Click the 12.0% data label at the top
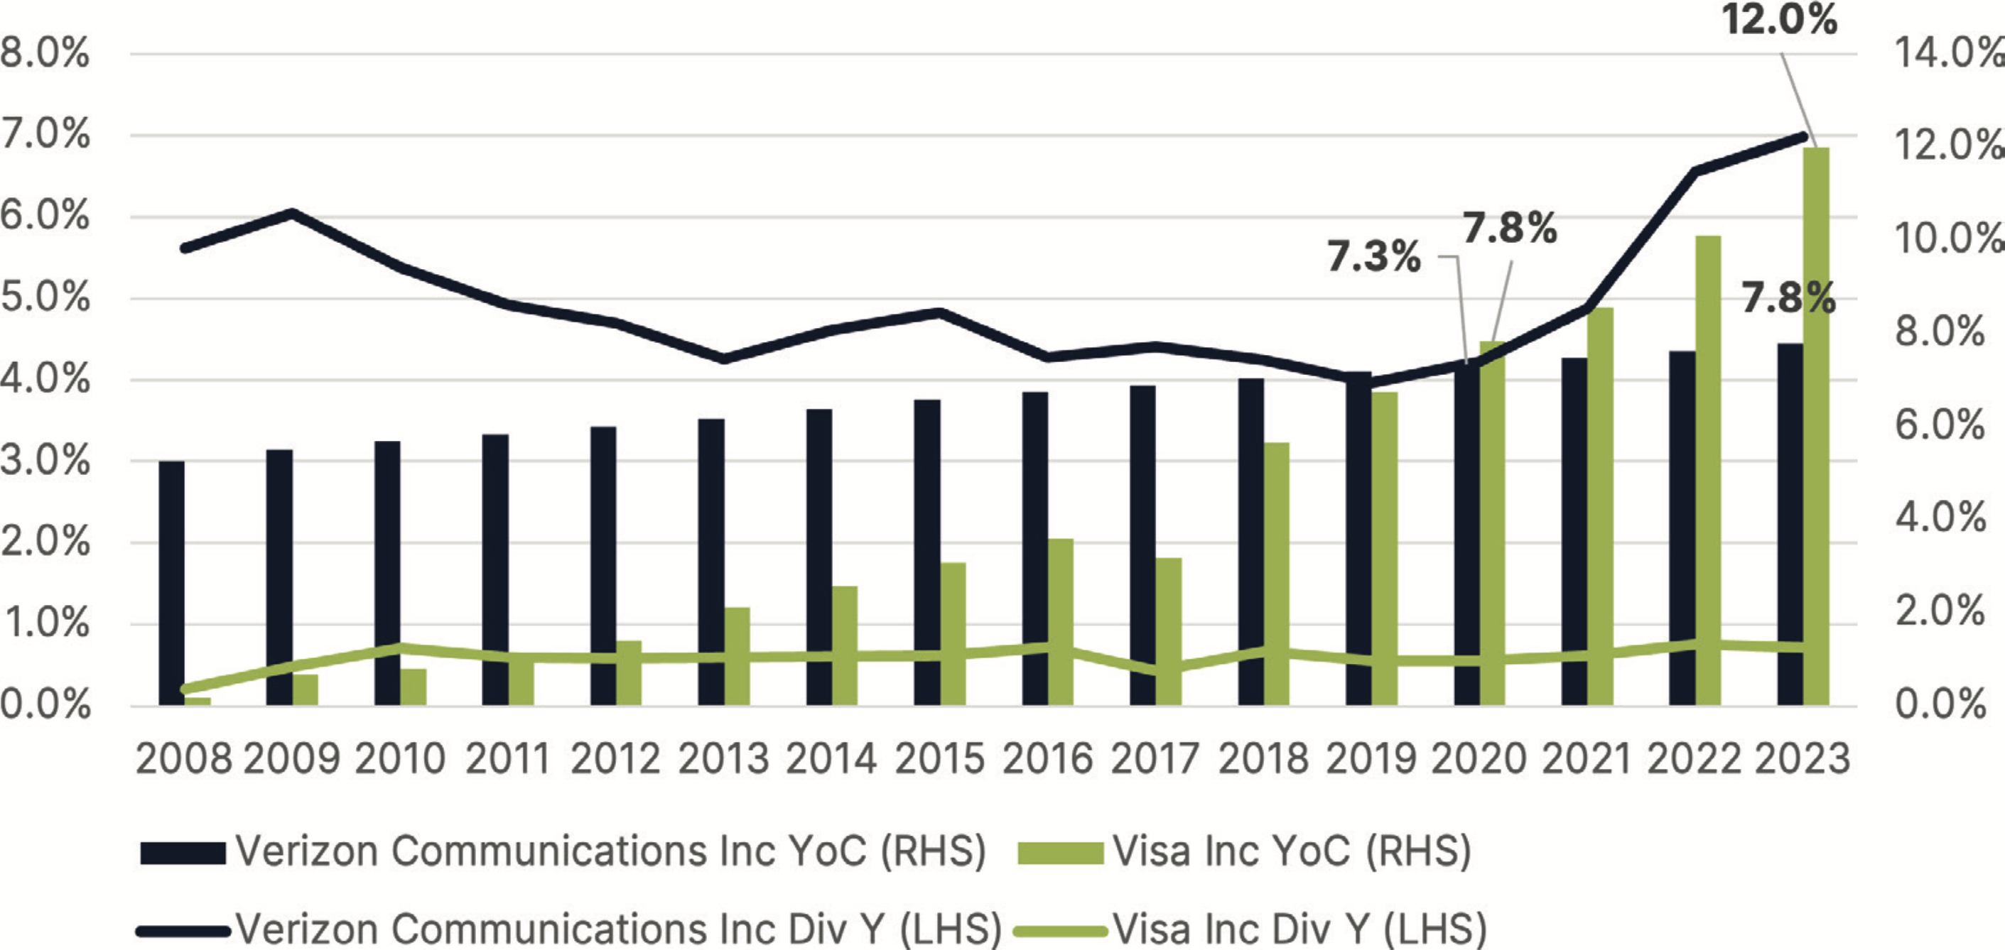[1779, 20]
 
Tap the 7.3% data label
[1374, 257]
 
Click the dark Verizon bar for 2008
[171, 584]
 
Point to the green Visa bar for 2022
[1709, 471]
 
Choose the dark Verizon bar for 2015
[927, 552]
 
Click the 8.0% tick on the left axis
[44, 54]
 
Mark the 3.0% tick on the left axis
[44, 461]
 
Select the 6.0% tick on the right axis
[1940, 425]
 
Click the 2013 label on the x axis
[723, 758]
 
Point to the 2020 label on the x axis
[1479, 758]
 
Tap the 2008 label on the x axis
[184, 758]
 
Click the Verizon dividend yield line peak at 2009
[292, 212]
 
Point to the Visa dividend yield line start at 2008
[185, 689]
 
